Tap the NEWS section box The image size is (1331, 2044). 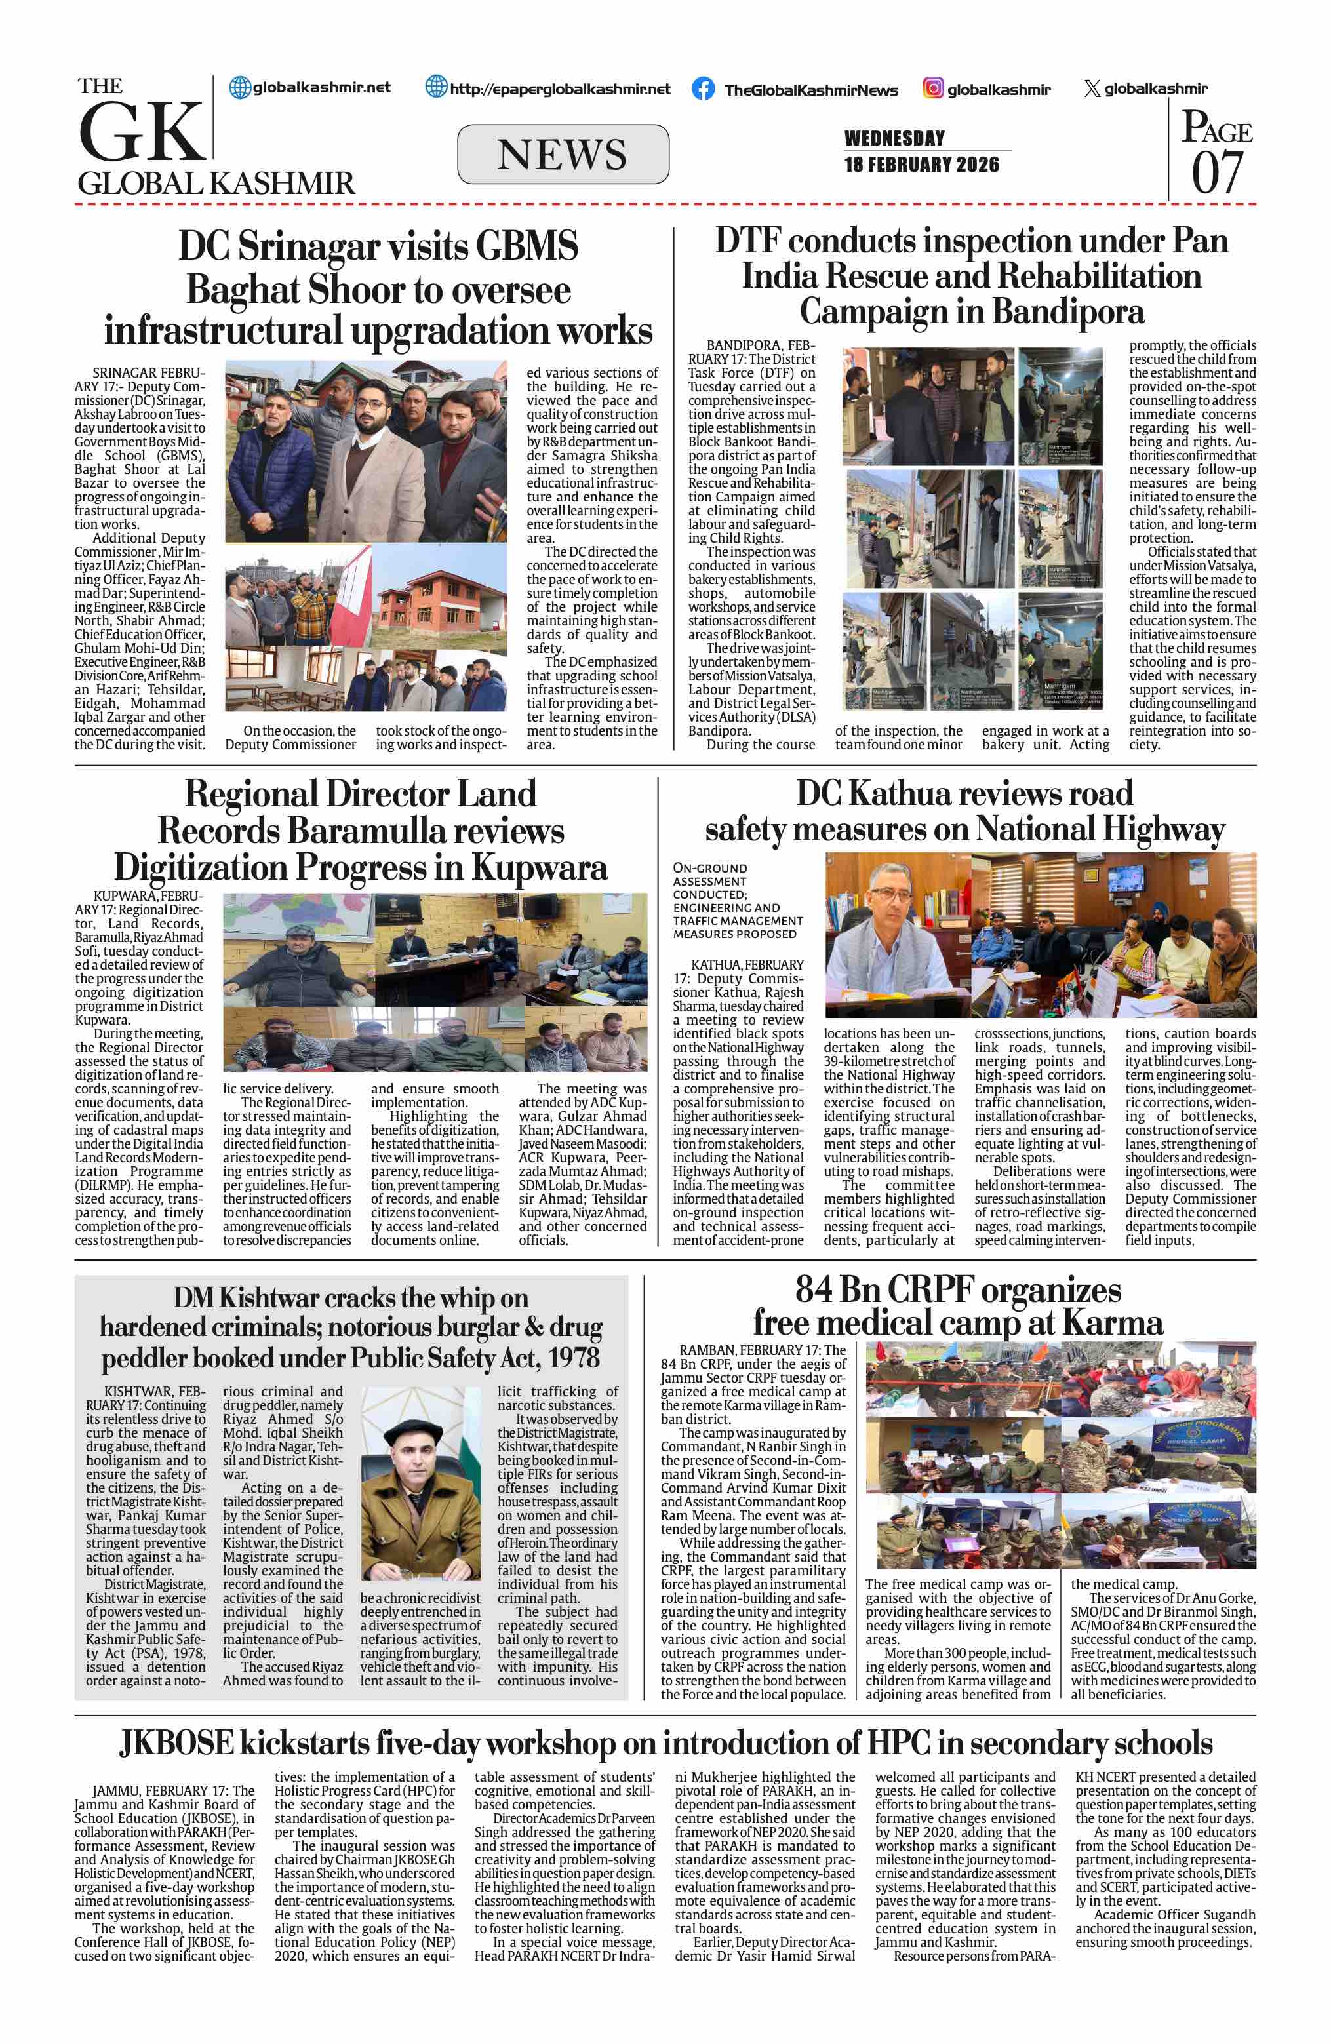563,155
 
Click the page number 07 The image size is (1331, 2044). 1216,172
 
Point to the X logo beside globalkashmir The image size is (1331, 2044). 1092,88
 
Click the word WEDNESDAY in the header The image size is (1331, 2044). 894,138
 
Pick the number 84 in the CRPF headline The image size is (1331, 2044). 817,1291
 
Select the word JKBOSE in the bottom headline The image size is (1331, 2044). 176,1742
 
